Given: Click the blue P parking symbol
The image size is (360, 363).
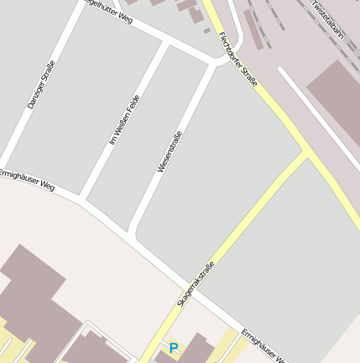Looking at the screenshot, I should [174, 348].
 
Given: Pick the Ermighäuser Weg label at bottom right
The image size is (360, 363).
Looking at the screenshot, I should [264, 345].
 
